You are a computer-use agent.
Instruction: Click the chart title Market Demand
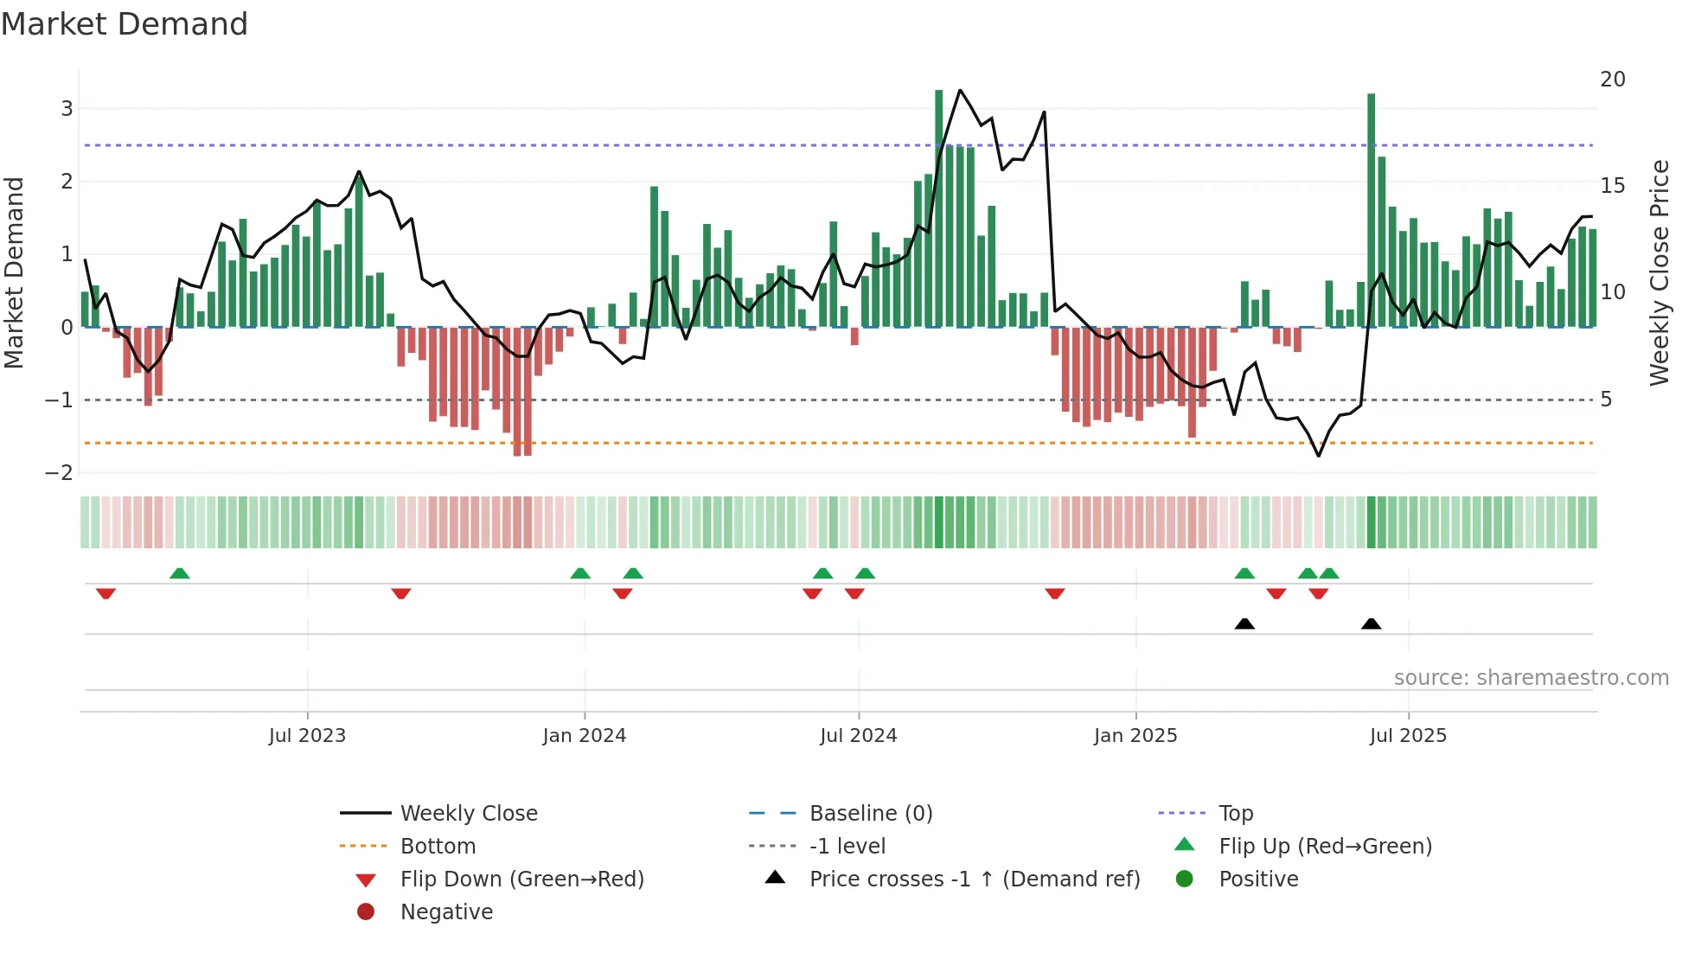tap(125, 24)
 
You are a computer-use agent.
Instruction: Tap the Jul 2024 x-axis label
tap(858, 736)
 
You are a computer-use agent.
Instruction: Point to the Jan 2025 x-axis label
tap(1135, 736)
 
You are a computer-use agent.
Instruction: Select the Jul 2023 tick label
tap(307, 736)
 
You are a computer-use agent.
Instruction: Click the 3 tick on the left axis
tap(67, 109)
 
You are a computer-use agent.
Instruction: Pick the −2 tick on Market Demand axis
tap(60, 473)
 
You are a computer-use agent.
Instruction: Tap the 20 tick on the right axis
tap(1612, 80)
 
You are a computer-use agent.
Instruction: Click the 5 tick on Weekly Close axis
tap(1606, 400)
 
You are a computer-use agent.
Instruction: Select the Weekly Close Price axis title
tap(1659, 272)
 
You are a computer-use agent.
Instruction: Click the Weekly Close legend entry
tap(468, 814)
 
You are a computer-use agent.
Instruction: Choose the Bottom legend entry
tap(438, 847)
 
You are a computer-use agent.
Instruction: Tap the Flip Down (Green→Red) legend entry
tap(521, 879)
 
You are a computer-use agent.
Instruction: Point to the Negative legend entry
tap(446, 912)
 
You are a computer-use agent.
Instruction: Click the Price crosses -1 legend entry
tap(974, 879)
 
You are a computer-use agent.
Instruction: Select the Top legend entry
tap(1235, 814)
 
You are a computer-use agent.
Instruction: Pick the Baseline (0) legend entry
tap(870, 814)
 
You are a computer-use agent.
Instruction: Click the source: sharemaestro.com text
tap(1531, 678)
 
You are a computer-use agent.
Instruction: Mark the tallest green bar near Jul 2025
tap(1371, 208)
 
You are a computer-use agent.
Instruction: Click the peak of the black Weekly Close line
tap(960, 90)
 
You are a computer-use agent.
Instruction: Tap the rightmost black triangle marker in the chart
tap(1371, 624)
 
